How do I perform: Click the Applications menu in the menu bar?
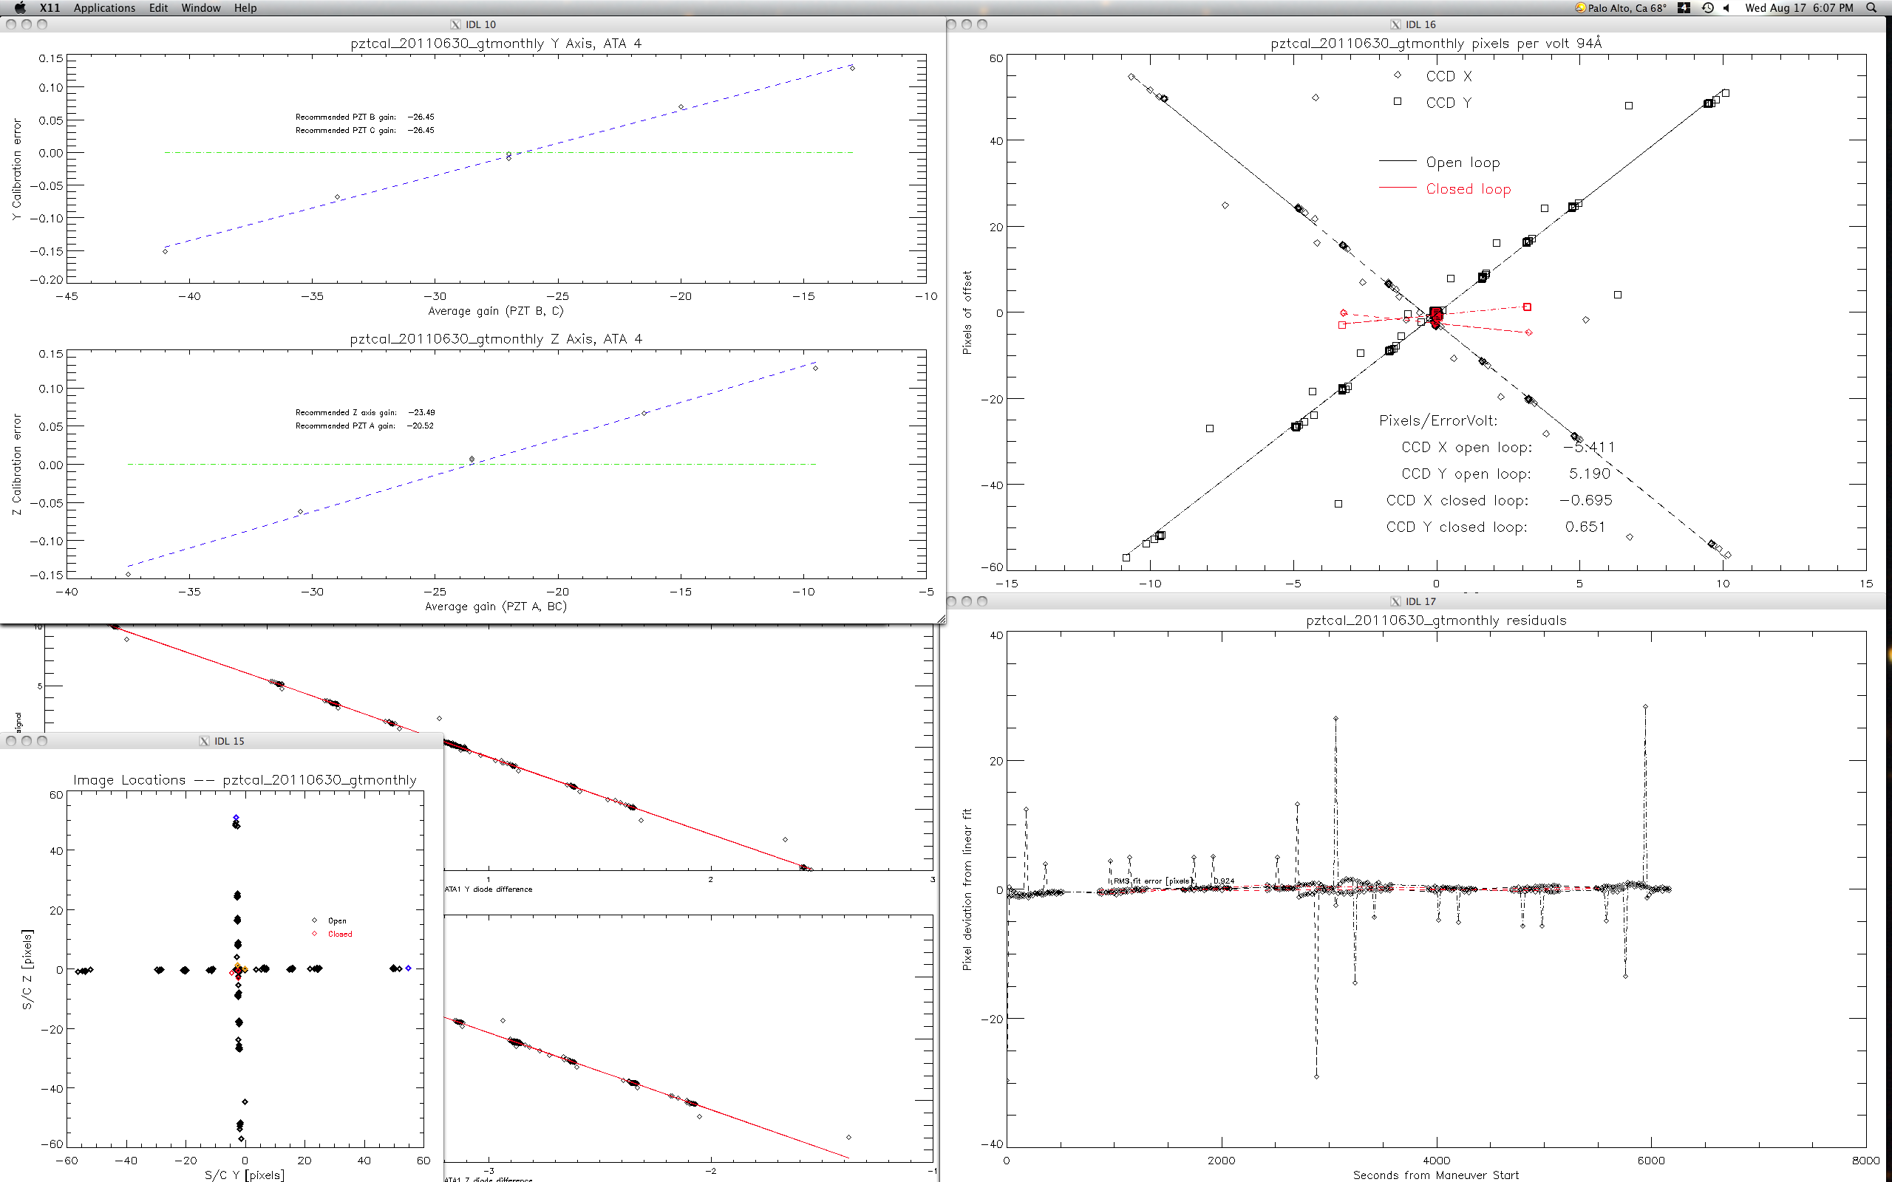click(104, 8)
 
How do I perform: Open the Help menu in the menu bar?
click(245, 8)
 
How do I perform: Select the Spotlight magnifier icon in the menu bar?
click(1870, 8)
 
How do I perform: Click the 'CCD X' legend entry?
click(1447, 76)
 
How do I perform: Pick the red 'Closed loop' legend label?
click(1468, 188)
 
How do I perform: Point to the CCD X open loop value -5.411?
click(1589, 447)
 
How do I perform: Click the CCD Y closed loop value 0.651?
click(1585, 527)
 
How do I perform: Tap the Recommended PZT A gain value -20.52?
click(421, 426)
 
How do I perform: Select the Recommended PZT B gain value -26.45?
click(421, 117)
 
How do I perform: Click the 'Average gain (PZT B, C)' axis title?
click(496, 311)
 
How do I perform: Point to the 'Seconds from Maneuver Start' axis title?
click(1435, 1174)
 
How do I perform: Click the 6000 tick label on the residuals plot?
click(1650, 1160)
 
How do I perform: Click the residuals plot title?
click(1435, 621)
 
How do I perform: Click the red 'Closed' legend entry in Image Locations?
click(339, 935)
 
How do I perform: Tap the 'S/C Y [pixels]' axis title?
click(244, 1174)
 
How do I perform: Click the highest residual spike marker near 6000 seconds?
click(1645, 707)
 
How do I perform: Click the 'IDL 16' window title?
click(1420, 24)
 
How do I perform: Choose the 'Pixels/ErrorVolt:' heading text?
click(1437, 420)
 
